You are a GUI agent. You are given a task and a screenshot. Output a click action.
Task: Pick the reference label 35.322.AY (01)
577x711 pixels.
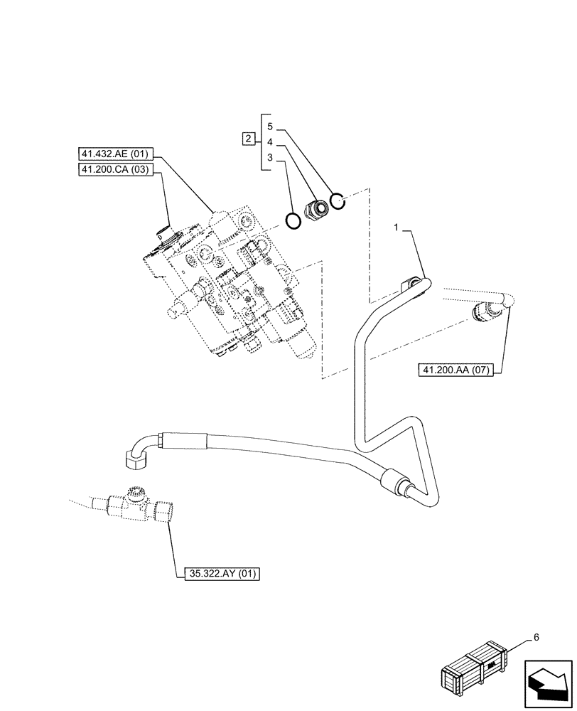pos(217,572)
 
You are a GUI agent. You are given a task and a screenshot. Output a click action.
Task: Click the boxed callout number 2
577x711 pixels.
pos(248,139)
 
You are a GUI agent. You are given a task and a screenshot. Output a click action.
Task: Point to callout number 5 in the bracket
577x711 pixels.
pos(270,126)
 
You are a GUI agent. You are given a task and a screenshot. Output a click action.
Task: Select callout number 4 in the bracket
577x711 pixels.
pos(270,142)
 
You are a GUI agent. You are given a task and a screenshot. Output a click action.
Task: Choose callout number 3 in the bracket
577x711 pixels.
pos(270,158)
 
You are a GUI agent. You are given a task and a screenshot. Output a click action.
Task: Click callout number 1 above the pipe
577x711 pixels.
pos(397,227)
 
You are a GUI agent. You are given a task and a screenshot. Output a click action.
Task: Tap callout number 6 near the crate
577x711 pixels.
pos(535,637)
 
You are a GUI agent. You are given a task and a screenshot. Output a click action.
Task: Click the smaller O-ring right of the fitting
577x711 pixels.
pos(339,203)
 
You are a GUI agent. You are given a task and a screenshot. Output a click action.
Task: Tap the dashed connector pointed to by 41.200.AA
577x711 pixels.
pos(487,310)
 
